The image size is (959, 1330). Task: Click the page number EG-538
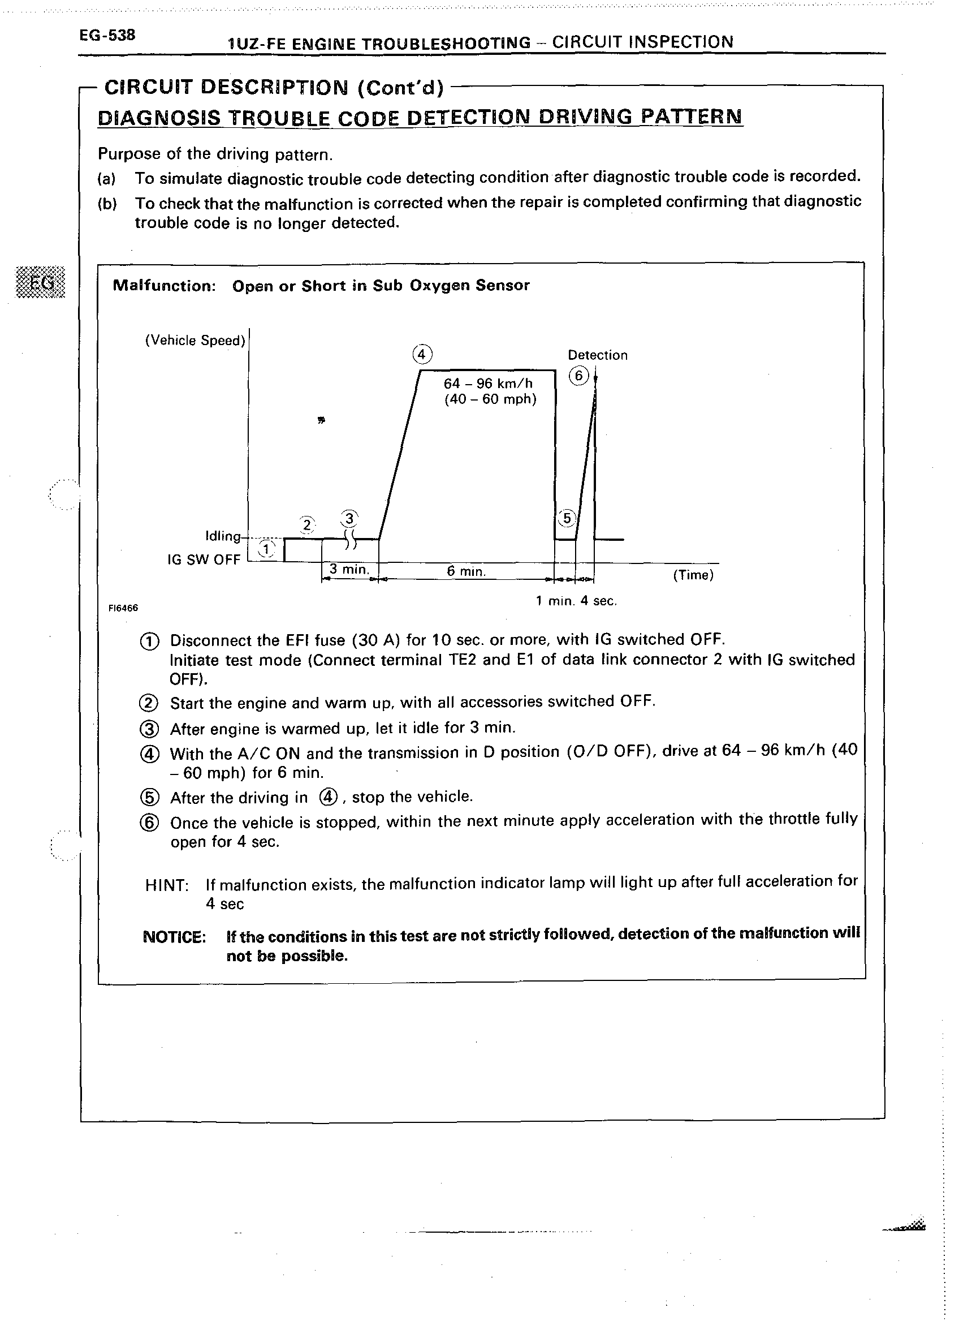[107, 35]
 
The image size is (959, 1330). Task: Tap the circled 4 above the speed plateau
[422, 355]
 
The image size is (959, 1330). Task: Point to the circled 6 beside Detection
[578, 375]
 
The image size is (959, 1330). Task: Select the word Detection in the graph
[597, 355]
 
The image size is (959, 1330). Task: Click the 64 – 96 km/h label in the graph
[488, 384]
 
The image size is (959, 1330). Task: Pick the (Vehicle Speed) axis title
[195, 341]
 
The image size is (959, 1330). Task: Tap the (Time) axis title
[693, 575]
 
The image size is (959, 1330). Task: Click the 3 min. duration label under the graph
[349, 569]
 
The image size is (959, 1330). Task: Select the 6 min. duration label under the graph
[466, 571]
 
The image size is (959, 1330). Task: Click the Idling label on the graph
[223, 536]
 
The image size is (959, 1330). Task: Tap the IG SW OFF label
[204, 559]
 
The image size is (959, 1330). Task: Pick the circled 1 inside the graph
[267, 549]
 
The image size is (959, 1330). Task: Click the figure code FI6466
[123, 608]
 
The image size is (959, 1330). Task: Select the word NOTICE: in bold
[174, 936]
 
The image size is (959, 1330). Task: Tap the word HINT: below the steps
[166, 885]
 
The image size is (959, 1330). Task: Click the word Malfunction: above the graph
[164, 286]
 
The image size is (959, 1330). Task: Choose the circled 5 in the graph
[567, 518]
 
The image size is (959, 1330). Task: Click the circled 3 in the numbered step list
[149, 729]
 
